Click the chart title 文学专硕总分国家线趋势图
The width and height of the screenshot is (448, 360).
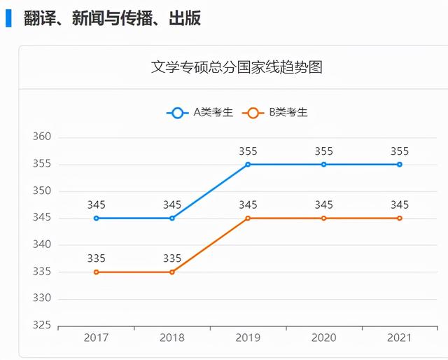coord(237,68)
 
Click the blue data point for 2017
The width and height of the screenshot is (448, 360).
coord(97,218)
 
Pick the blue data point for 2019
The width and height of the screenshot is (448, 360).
coord(248,165)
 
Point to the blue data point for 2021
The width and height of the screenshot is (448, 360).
coord(400,165)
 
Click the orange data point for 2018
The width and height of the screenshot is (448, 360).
coord(172,272)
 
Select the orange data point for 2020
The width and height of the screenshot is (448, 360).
coord(323,218)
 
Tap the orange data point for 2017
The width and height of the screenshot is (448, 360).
coord(97,272)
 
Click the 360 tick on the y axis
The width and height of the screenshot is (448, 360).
coord(42,137)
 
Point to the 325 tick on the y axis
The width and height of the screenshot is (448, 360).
coord(42,326)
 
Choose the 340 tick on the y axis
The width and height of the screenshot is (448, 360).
coord(42,244)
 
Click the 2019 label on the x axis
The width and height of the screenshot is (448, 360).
coord(248,338)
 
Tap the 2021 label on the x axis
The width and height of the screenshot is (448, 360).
coord(400,338)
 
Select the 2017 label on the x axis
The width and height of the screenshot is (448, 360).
coord(97,338)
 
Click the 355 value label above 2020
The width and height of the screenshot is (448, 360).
coord(323,151)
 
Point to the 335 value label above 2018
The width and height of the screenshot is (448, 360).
coord(172,258)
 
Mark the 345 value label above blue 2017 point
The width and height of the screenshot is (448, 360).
coord(97,205)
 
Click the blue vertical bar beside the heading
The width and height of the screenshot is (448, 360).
coord(8,18)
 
